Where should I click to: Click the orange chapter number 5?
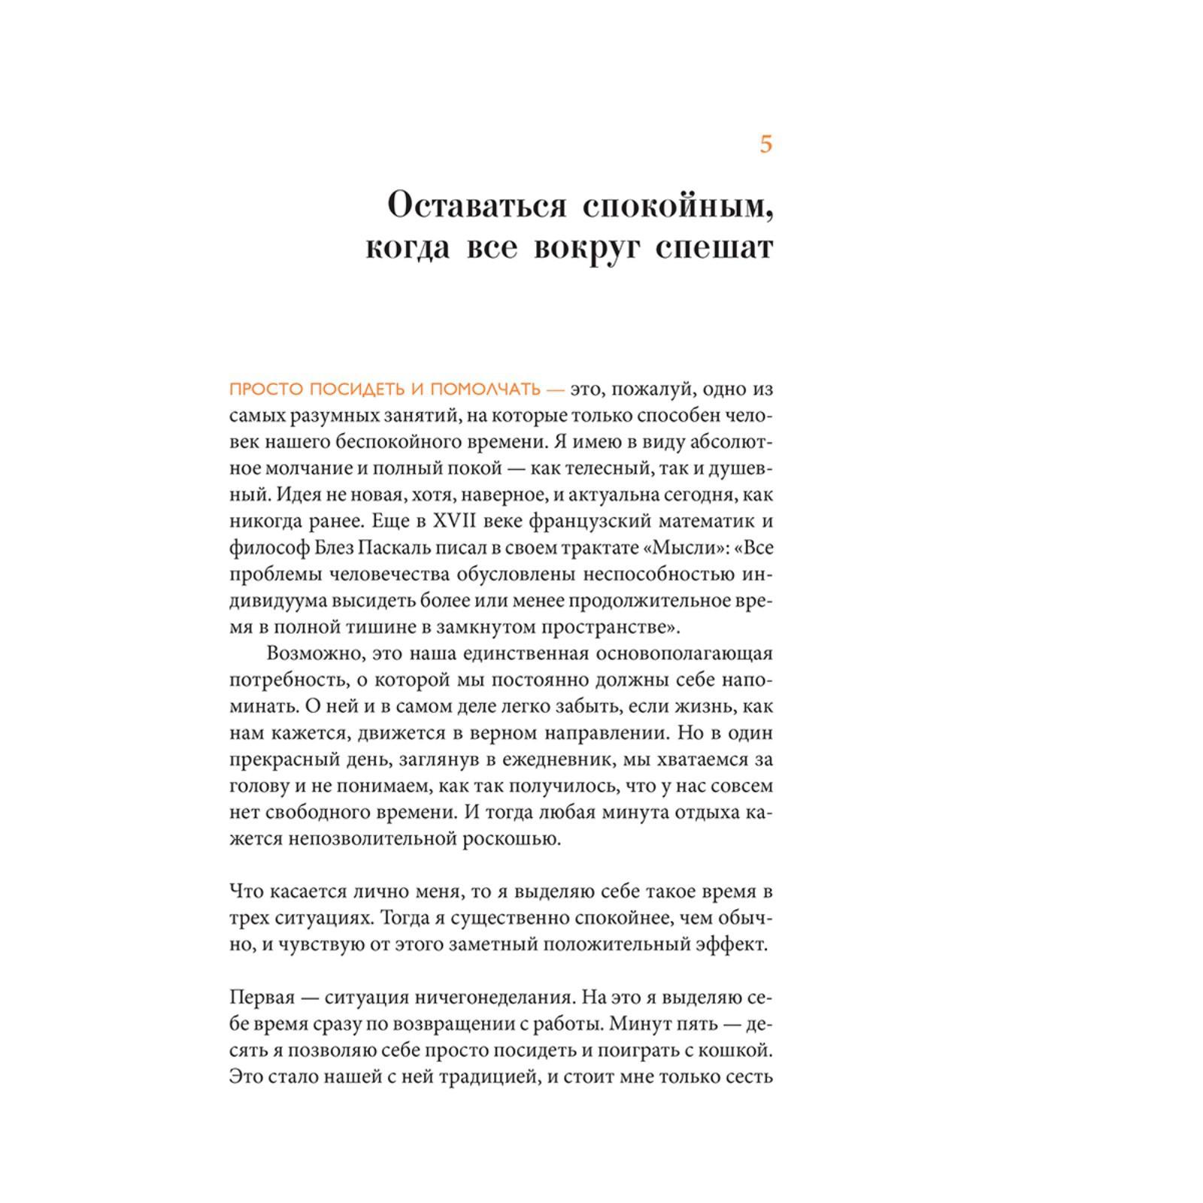765,144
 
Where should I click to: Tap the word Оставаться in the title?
476,205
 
